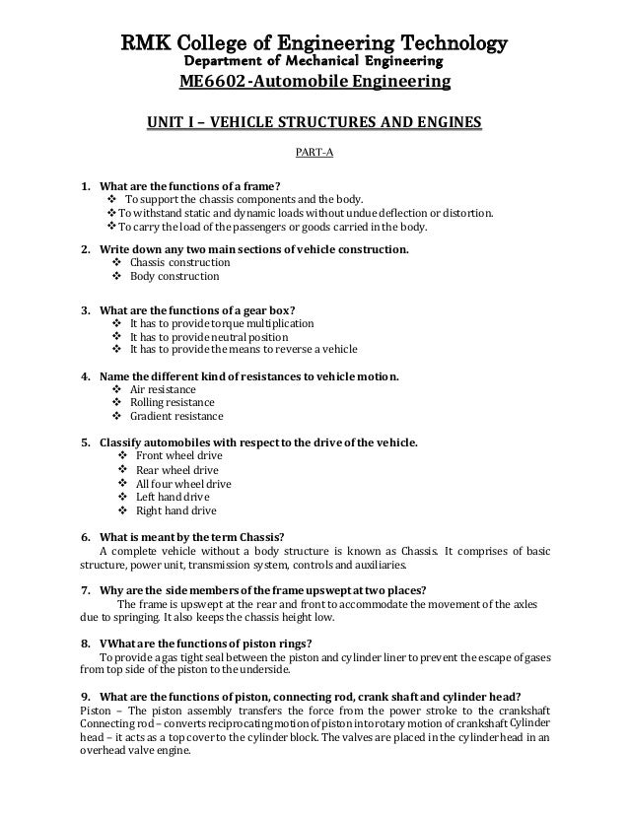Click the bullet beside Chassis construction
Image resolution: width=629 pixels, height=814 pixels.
pyautogui.click(x=119, y=263)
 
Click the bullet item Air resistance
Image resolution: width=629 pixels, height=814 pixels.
pyautogui.click(x=170, y=389)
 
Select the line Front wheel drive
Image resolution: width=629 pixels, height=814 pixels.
pyautogui.click(x=178, y=456)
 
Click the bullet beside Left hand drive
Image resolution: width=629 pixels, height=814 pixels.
pyautogui.click(x=121, y=498)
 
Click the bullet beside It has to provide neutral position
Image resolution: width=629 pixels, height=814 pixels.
pyautogui.click(x=119, y=336)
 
